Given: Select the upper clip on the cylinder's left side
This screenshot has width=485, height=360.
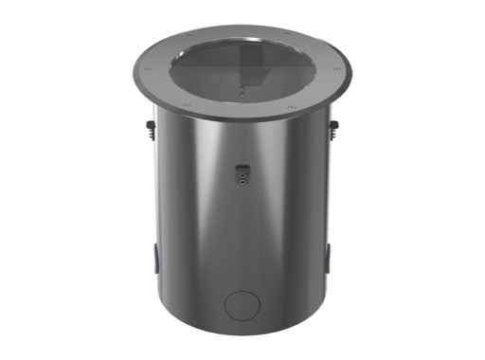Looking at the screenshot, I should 153,127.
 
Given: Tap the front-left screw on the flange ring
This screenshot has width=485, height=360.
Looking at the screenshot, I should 187,103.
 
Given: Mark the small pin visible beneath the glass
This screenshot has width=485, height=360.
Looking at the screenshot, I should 243,92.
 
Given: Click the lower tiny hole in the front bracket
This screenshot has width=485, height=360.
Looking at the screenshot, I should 242,176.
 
